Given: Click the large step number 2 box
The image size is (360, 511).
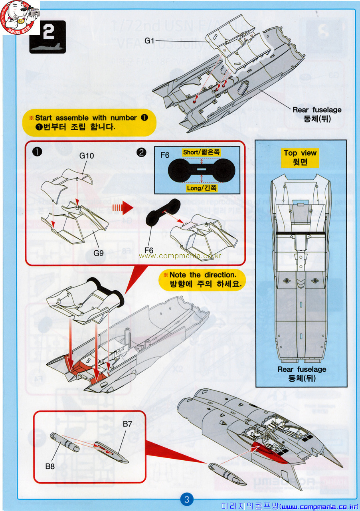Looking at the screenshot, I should tap(47, 37).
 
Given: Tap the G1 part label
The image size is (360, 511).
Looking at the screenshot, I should tap(149, 41).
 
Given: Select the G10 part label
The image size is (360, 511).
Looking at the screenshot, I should tap(87, 156).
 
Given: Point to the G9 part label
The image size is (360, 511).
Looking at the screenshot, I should tap(99, 253).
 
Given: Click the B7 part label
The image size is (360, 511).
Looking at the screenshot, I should tap(128, 424).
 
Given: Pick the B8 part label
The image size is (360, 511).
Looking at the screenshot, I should tap(50, 465).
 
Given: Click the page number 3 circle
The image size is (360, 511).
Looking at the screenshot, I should tap(187, 499).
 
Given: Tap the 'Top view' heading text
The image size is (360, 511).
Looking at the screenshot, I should tap(300, 153).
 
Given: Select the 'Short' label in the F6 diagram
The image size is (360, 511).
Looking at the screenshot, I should tap(201, 153).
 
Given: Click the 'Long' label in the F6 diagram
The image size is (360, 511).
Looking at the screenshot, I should tap(202, 188).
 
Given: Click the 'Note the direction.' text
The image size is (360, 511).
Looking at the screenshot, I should tap(203, 275).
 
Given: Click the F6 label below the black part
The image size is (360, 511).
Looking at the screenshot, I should tap(149, 250).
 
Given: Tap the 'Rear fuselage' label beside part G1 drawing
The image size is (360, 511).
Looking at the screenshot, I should tap(317, 110).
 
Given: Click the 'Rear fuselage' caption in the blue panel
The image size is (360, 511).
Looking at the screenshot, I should tap(302, 370).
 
